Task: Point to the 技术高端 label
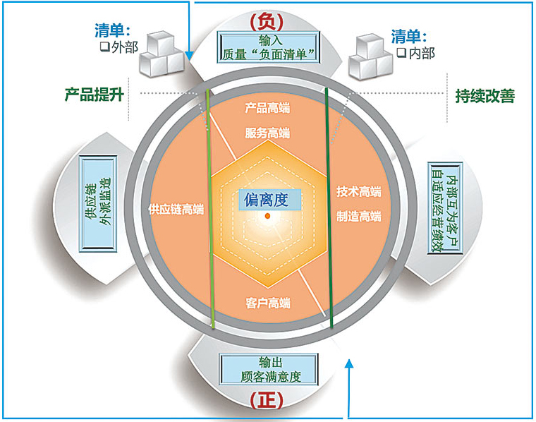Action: pos(358,192)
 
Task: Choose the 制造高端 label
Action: pos(358,217)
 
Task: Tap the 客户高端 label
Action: pos(268,303)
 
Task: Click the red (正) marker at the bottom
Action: pos(266,400)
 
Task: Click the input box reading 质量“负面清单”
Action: pos(266,47)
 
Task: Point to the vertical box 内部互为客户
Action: pos(442,211)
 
